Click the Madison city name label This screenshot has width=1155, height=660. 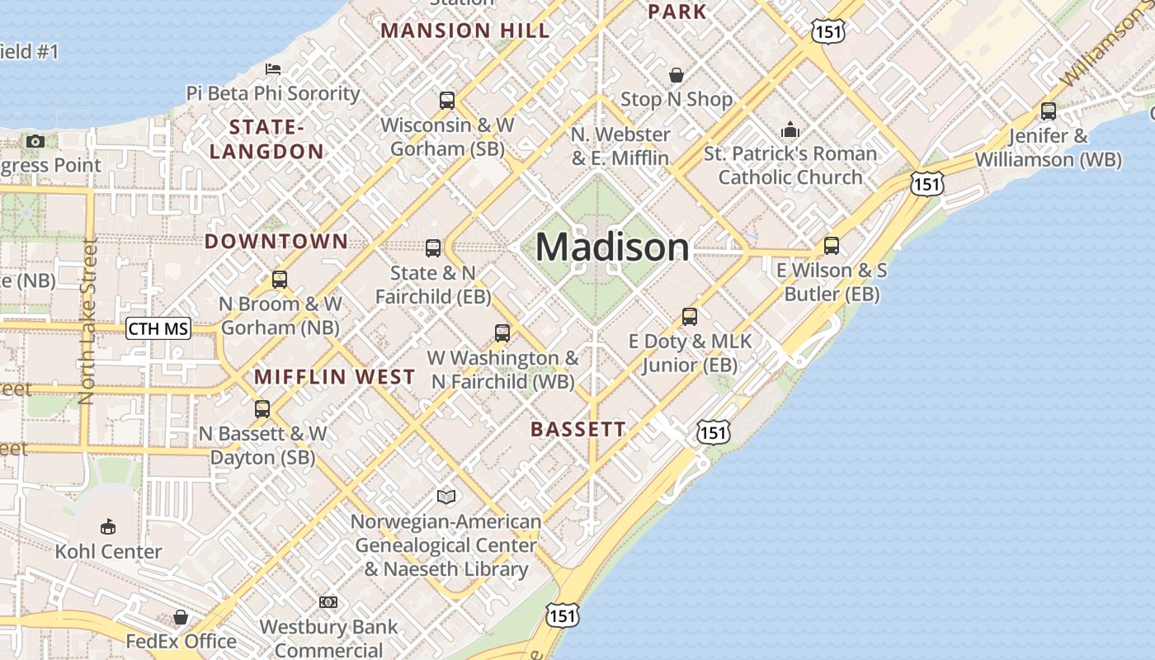[612, 247]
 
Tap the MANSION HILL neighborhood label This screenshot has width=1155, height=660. [464, 31]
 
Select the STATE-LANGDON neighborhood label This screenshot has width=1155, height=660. [266, 139]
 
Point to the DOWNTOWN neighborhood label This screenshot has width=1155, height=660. [276, 241]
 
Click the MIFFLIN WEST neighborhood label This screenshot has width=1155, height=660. [334, 377]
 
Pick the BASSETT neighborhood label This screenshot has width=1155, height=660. [577, 429]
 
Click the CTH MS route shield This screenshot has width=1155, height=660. [158, 329]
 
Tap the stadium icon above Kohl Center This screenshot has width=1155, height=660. [107, 526]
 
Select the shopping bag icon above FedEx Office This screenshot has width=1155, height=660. [181, 616]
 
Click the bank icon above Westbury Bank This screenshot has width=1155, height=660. [328, 602]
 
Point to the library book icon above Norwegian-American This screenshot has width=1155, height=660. [446, 497]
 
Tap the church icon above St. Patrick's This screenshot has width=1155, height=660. [790, 130]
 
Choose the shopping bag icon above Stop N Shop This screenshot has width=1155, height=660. [676, 75]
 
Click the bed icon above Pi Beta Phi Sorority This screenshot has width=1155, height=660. [273, 68]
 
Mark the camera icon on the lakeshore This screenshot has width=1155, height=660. [35, 141]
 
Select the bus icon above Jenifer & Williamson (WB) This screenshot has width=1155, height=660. [1048, 111]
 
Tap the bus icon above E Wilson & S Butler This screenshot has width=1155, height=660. [832, 246]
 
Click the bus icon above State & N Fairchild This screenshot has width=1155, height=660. [433, 247]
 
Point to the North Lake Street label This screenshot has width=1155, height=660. [88, 322]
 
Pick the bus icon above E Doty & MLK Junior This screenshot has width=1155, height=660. [689, 317]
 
